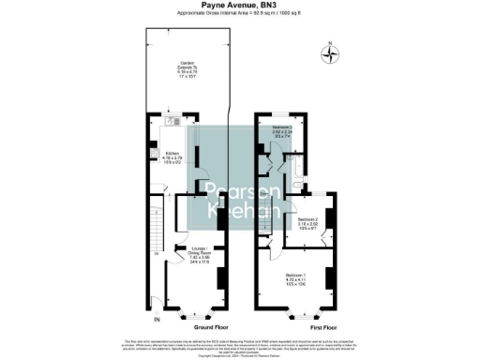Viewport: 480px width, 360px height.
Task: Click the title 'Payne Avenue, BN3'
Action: pos(239,5)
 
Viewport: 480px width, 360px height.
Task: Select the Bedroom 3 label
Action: pos(282,131)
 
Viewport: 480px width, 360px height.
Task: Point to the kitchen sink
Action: pos(174,121)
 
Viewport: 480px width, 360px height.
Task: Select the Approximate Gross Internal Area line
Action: pos(239,14)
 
